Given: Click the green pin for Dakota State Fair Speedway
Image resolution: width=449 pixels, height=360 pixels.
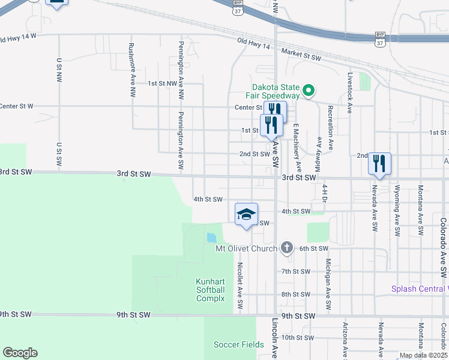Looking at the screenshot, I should pyautogui.click(x=309, y=91).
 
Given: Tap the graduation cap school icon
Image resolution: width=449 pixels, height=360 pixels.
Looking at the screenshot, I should pyautogui.click(x=246, y=214).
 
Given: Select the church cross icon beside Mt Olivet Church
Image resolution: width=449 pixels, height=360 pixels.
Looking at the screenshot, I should pyautogui.click(x=287, y=248).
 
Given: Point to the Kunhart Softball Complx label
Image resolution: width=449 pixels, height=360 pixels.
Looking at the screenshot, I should pyautogui.click(x=210, y=290).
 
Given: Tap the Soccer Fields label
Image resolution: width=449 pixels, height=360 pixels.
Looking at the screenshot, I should pyautogui.click(x=238, y=344).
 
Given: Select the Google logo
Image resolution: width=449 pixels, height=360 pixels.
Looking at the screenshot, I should pyautogui.click(x=20, y=353).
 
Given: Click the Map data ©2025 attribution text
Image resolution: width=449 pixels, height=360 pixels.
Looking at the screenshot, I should pyautogui.click(x=424, y=355).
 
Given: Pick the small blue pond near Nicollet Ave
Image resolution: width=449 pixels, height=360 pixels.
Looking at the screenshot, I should pyautogui.click(x=211, y=237).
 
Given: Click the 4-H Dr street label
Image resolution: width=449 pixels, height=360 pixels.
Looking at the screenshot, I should pyautogui.click(x=324, y=194).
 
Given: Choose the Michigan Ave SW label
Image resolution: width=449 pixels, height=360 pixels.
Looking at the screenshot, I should pyautogui.click(x=328, y=284).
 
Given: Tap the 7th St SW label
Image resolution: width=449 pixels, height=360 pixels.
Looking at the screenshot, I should pyautogui.click(x=295, y=271).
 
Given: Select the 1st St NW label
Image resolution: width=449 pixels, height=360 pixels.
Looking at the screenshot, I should pyautogui.click(x=162, y=83).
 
